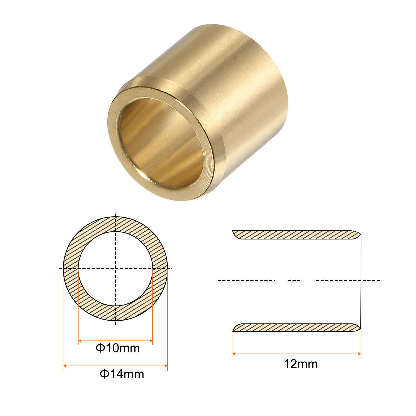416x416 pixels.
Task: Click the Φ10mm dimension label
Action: [118, 348]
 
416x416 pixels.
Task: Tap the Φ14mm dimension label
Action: [122, 374]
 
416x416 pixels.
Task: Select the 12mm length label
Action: [301, 364]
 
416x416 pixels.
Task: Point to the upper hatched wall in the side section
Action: [296, 235]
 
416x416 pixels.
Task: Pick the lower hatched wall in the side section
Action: [296, 328]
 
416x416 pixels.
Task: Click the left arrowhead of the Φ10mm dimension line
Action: [80, 341]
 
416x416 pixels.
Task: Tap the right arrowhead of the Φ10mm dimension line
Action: [151, 341]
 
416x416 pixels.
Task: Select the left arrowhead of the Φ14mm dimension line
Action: [65, 366]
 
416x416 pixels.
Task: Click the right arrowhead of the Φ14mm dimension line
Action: [166, 366]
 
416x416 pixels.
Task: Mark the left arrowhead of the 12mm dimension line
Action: [233, 354]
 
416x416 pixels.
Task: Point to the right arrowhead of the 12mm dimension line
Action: [359, 354]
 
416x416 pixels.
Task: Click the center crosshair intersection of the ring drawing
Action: [115, 269]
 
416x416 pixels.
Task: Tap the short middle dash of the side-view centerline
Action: [295, 281]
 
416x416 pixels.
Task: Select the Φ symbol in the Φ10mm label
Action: [100, 348]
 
